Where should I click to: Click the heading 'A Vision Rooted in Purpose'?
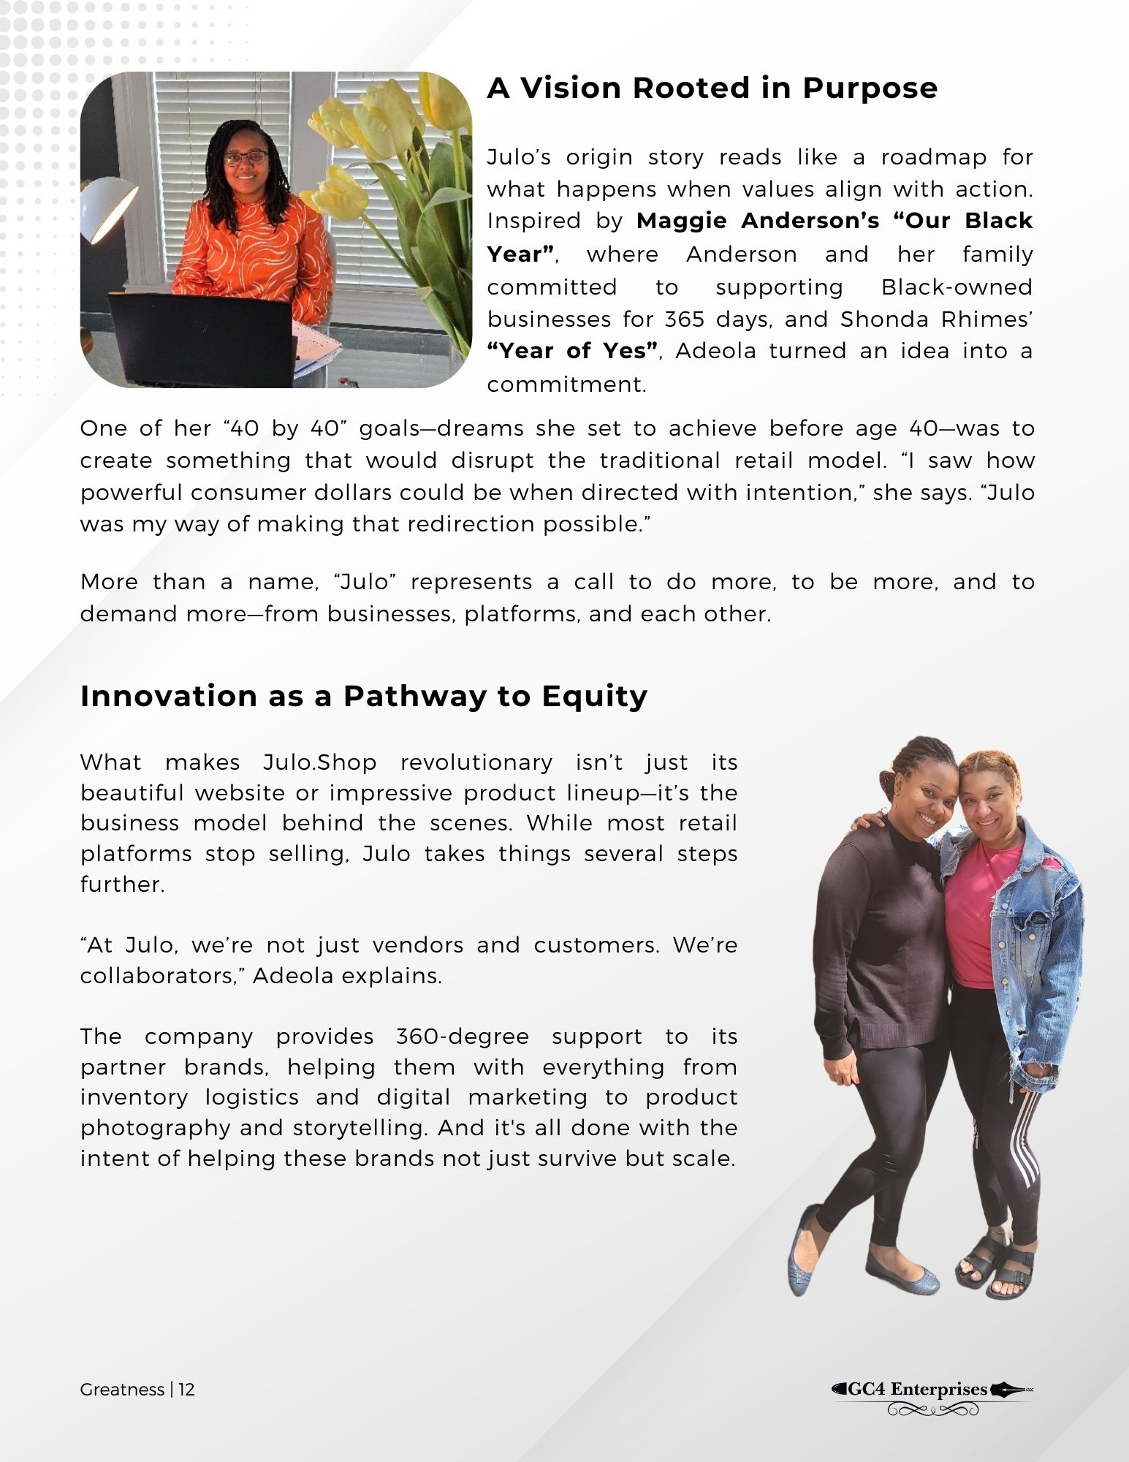[712, 88]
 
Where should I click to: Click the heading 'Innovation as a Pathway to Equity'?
[363, 696]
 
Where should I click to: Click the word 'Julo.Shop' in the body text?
[319, 762]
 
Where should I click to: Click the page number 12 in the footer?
[186, 1390]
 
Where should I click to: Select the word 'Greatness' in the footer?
[122, 1390]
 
